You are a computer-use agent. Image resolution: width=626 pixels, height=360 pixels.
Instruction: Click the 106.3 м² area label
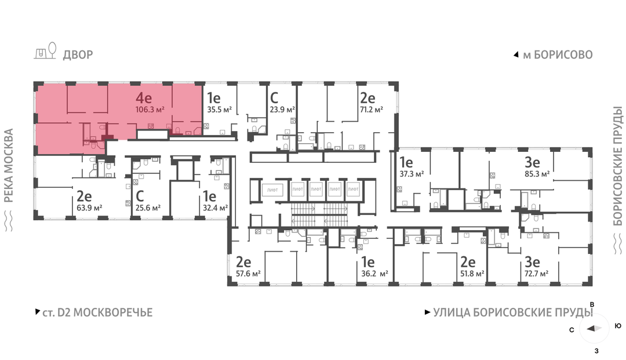pos(150,110)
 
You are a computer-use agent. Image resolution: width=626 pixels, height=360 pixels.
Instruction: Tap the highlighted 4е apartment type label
pos(144,98)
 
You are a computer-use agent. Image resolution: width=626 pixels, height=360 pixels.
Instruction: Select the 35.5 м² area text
pos(219,110)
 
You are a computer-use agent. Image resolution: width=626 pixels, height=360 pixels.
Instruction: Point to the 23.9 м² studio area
pos(282,110)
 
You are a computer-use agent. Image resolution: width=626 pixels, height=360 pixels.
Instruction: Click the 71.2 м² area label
pos(372,110)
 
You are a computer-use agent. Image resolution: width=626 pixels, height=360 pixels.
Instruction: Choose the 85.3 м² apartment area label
pos(537,174)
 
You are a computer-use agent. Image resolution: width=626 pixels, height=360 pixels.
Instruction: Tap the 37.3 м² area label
pos(412,174)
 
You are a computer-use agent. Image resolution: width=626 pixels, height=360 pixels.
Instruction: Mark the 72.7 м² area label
pos(536,274)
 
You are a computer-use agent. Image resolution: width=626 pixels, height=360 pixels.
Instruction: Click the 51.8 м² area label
pos(472,274)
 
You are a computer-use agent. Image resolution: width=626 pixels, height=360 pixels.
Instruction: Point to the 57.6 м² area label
pos(248,274)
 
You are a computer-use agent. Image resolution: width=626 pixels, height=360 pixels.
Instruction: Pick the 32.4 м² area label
pos(215,208)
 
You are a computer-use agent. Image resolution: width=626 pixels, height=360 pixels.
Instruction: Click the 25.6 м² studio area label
pos(148,208)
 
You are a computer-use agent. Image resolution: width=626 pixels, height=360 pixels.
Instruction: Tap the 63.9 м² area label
pos(89,208)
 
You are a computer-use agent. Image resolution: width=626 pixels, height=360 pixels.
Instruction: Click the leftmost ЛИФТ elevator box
pos(272,190)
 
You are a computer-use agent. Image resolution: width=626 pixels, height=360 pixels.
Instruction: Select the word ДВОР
pos(78,54)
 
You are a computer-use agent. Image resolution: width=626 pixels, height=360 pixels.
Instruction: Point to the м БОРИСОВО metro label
pos(558,54)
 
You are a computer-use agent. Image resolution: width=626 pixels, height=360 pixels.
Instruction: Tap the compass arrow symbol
pos(594,329)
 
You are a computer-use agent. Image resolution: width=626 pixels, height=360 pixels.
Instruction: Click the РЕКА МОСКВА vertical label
pos(9,165)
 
